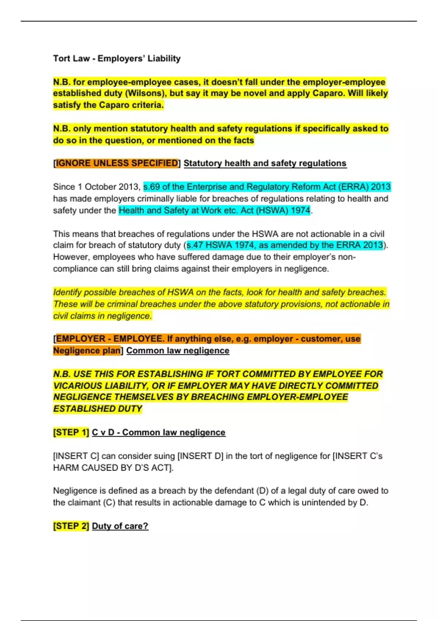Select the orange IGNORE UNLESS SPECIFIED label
click(117, 163)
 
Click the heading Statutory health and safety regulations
click(265, 163)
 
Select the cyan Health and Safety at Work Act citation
click(215, 210)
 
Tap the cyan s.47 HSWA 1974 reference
click(285, 245)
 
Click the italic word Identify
click(68, 292)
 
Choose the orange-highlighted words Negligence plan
click(87, 351)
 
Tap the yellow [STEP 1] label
click(71, 433)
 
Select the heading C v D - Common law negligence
click(158, 433)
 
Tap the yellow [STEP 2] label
click(71, 526)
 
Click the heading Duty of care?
click(120, 526)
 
